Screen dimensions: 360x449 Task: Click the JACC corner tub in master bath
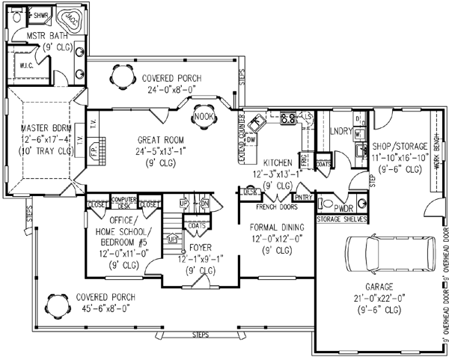72,16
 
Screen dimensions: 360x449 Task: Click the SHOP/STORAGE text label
398,147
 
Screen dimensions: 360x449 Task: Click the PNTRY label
303,197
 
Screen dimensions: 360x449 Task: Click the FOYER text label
198,248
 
